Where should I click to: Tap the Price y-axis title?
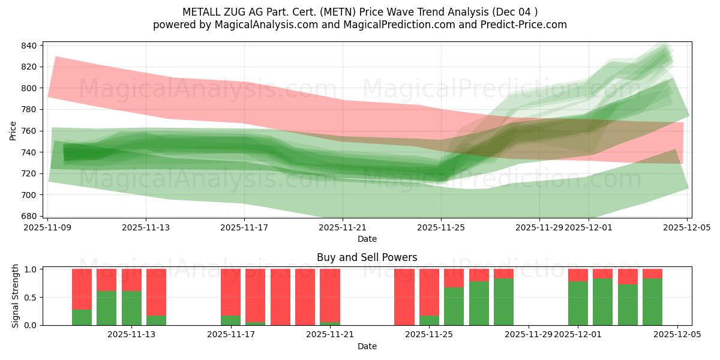point(13,130)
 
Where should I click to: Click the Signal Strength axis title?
point(16,296)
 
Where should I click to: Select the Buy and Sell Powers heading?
point(367,257)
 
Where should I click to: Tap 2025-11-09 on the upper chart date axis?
point(47,227)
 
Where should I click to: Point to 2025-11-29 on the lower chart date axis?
point(529,334)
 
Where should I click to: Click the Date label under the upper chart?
point(367,239)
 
